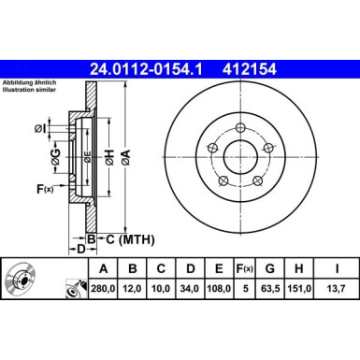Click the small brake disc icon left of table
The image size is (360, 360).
point(20,281)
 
